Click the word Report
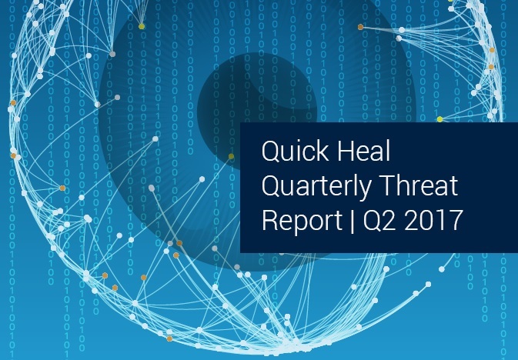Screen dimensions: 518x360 (302, 221)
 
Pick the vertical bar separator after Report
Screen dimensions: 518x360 (353, 221)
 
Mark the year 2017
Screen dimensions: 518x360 (432, 220)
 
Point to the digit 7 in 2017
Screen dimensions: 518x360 (454, 220)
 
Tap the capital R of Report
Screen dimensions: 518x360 (269, 220)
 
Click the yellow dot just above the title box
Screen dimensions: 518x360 (439, 119)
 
